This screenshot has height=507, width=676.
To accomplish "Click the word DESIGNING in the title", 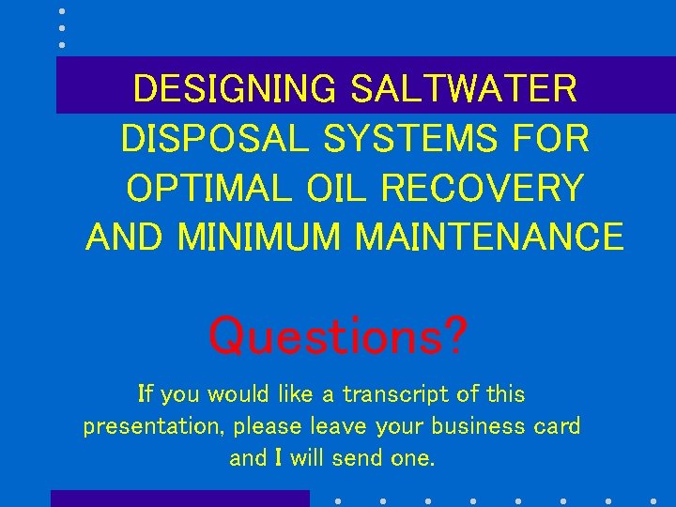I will coord(234,89).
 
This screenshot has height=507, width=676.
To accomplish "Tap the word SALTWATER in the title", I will coord(463,89).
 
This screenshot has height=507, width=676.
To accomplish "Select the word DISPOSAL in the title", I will coord(214,139).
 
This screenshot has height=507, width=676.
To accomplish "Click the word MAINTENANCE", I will coord(488,237).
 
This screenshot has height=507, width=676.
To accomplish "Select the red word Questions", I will coord(322,335).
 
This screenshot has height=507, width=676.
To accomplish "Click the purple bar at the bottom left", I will coord(179,499).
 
